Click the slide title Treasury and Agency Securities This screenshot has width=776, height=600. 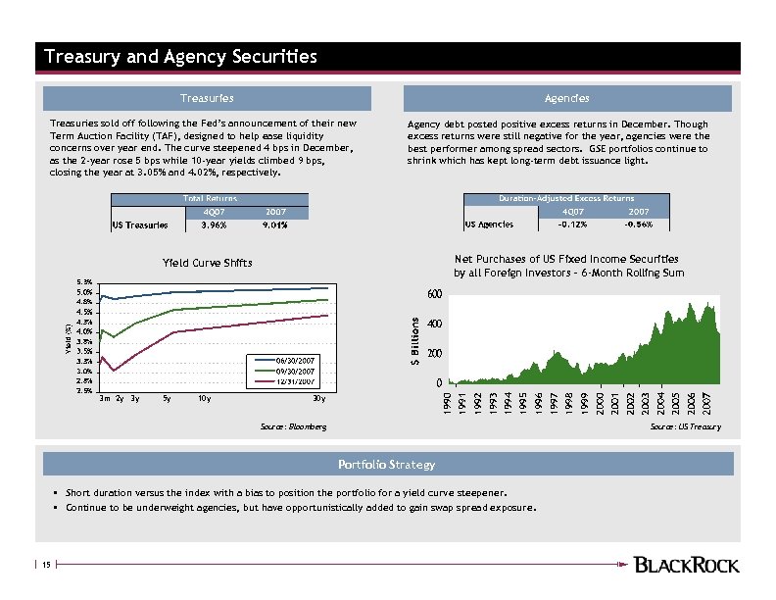(x=181, y=57)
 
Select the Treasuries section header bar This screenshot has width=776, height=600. (x=207, y=98)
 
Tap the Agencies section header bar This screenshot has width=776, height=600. (x=567, y=98)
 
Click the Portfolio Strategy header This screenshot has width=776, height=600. (x=386, y=464)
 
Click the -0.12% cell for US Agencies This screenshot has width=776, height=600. (x=573, y=225)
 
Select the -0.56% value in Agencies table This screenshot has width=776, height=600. (x=639, y=225)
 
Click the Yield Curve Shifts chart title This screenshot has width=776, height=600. (x=207, y=263)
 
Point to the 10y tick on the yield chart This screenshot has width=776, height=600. (x=203, y=399)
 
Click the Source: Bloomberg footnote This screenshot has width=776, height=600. (x=293, y=427)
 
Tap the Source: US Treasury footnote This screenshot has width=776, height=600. (x=685, y=427)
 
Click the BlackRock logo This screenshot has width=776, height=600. (x=687, y=564)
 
